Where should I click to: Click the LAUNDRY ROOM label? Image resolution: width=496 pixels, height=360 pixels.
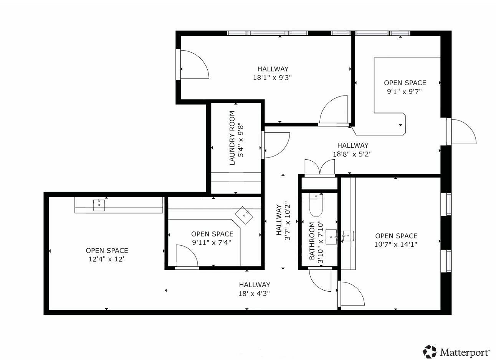[232, 138]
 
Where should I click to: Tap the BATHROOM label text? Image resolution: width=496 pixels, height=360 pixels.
[312, 241]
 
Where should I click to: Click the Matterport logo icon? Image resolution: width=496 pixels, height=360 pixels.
[429, 352]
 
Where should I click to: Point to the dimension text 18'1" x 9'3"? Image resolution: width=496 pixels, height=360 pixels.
[272, 78]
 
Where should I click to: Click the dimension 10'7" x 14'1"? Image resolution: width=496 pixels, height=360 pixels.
[396, 244]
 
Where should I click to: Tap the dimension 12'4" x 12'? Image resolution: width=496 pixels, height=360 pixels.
[106, 259]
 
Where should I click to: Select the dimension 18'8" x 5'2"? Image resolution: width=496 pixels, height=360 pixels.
[352, 154]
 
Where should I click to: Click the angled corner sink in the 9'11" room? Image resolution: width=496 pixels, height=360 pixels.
[244, 215]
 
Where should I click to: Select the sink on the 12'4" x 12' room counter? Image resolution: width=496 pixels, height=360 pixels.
[99, 205]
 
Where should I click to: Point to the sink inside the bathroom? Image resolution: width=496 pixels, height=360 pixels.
[331, 237]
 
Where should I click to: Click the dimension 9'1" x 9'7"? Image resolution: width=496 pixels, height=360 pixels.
[404, 91]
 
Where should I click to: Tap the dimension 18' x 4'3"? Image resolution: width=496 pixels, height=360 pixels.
[254, 294]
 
